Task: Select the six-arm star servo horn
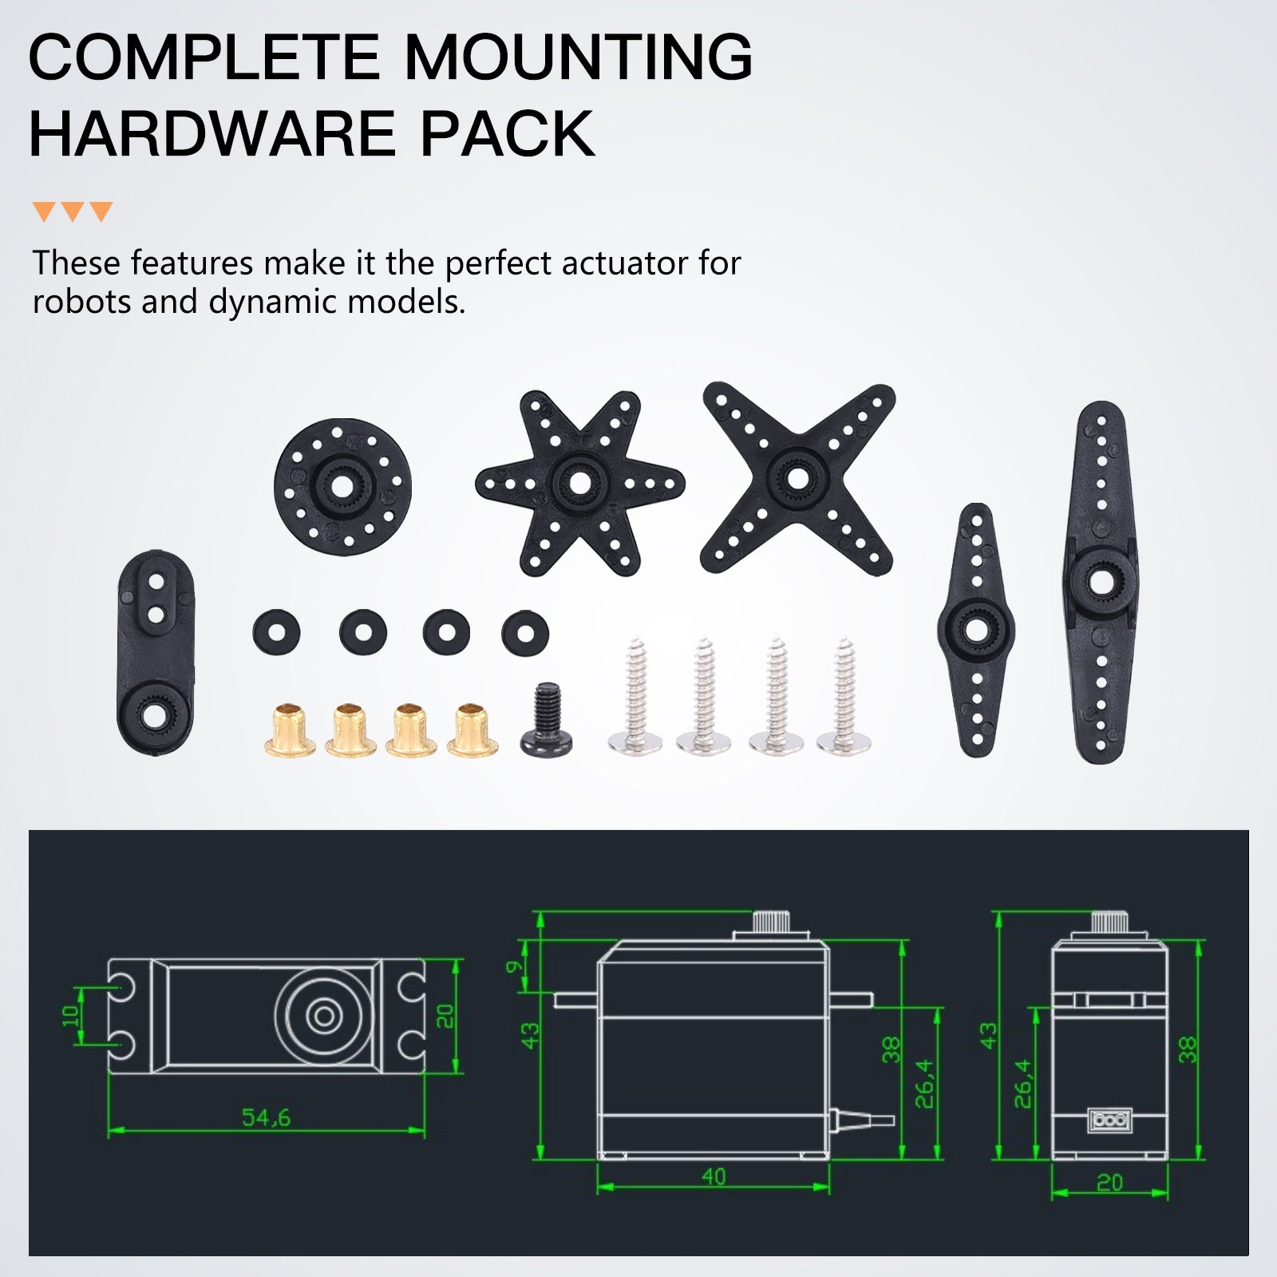pos(579,483)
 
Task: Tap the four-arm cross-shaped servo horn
pos(797,479)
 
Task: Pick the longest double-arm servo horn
pos(1101,582)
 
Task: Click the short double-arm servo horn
pos(975,630)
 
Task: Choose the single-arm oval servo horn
pos(156,653)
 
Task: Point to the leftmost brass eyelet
pos(290,729)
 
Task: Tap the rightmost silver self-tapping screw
pos(844,695)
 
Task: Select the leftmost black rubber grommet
pos(276,634)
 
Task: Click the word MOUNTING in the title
pos(579,57)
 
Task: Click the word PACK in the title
pos(508,133)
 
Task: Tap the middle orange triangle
pos(73,211)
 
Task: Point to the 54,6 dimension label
pos(267,1117)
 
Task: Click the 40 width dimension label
pos(714,1176)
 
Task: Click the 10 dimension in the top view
pos(71,1016)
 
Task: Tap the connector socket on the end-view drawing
pos(1109,1120)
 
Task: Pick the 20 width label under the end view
pos(1109,1182)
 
